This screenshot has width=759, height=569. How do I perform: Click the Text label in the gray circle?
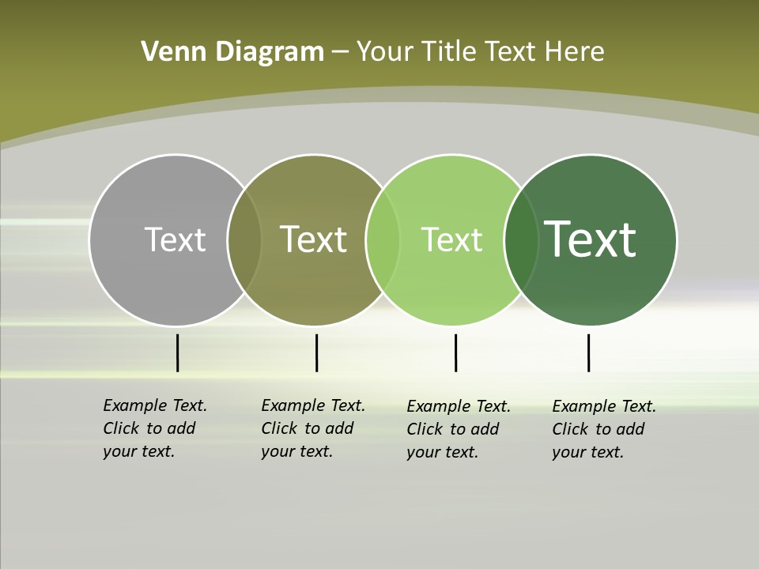pos(175,239)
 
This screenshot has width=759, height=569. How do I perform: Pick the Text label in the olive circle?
pos(314,239)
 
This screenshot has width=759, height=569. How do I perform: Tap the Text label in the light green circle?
pos(451,239)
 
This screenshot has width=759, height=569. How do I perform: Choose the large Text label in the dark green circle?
pos(591,239)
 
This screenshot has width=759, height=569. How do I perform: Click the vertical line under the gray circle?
pos(177,352)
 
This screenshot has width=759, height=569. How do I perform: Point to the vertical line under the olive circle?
pos(316,352)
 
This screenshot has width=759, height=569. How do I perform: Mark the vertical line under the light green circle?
pos(455,352)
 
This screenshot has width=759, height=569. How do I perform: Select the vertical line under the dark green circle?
pos(588,352)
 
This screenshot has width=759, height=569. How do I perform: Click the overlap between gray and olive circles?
pos(244,239)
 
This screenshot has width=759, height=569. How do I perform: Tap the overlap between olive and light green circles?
pos(383,239)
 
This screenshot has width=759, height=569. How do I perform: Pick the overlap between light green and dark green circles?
pos(521,239)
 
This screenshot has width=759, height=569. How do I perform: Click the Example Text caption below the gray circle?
pos(155,428)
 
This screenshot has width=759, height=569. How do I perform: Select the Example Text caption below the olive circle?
pos(313,428)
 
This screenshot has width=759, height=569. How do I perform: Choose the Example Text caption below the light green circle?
pos(459,429)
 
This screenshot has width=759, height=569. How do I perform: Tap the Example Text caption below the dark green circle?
pos(604,429)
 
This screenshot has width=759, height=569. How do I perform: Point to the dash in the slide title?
pos(340,53)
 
